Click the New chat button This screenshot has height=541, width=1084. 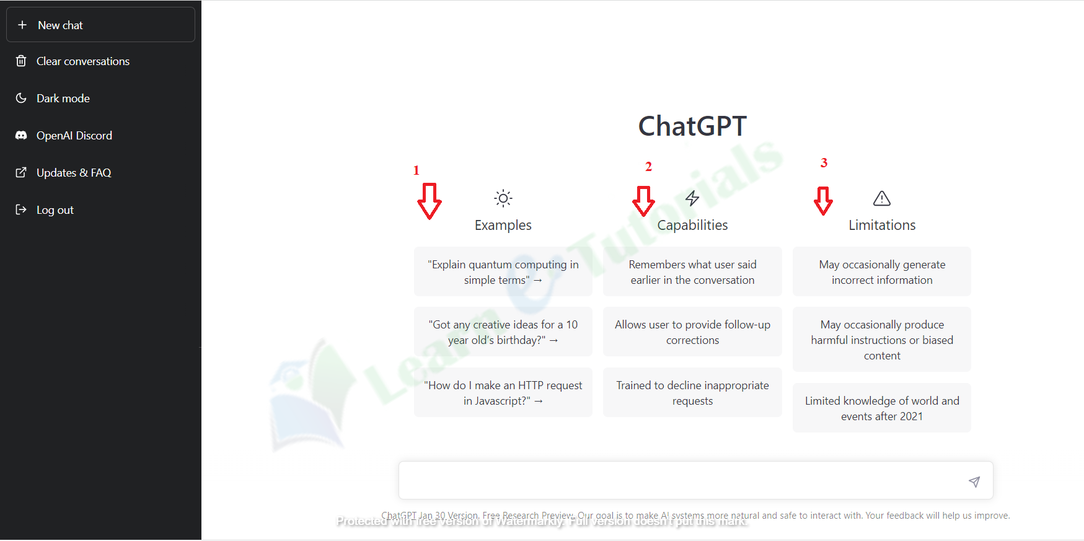tap(100, 25)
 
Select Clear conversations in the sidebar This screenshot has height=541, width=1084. tap(82, 61)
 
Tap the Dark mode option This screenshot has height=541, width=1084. tap(63, 99)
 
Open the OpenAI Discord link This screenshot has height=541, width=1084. tap(74, 136)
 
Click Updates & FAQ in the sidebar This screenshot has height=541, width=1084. tap(73, 173)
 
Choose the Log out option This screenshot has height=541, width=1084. tap(55, 210)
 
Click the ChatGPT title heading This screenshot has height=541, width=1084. tap(692, 126)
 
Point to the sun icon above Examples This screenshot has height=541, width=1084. tap(503, 198)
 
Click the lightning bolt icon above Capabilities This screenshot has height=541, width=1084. tap(692, 198)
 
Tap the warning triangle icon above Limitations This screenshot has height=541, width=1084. tap(881, 198)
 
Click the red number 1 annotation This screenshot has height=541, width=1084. tap(416, 170)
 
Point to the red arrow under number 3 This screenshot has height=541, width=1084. tap(823, 201)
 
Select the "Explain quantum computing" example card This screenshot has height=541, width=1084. tap(503, 272)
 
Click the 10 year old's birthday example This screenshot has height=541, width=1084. tap(503, 332)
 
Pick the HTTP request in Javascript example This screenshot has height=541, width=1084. tap(503, 393)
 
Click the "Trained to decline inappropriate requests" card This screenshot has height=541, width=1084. tap(692, 393)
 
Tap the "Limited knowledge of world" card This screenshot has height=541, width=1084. tap(881, 408)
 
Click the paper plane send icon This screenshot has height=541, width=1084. tap(974, 482)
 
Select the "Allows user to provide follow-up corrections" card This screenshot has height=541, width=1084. tap(692, 332)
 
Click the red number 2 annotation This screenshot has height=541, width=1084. tap(648, 167)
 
